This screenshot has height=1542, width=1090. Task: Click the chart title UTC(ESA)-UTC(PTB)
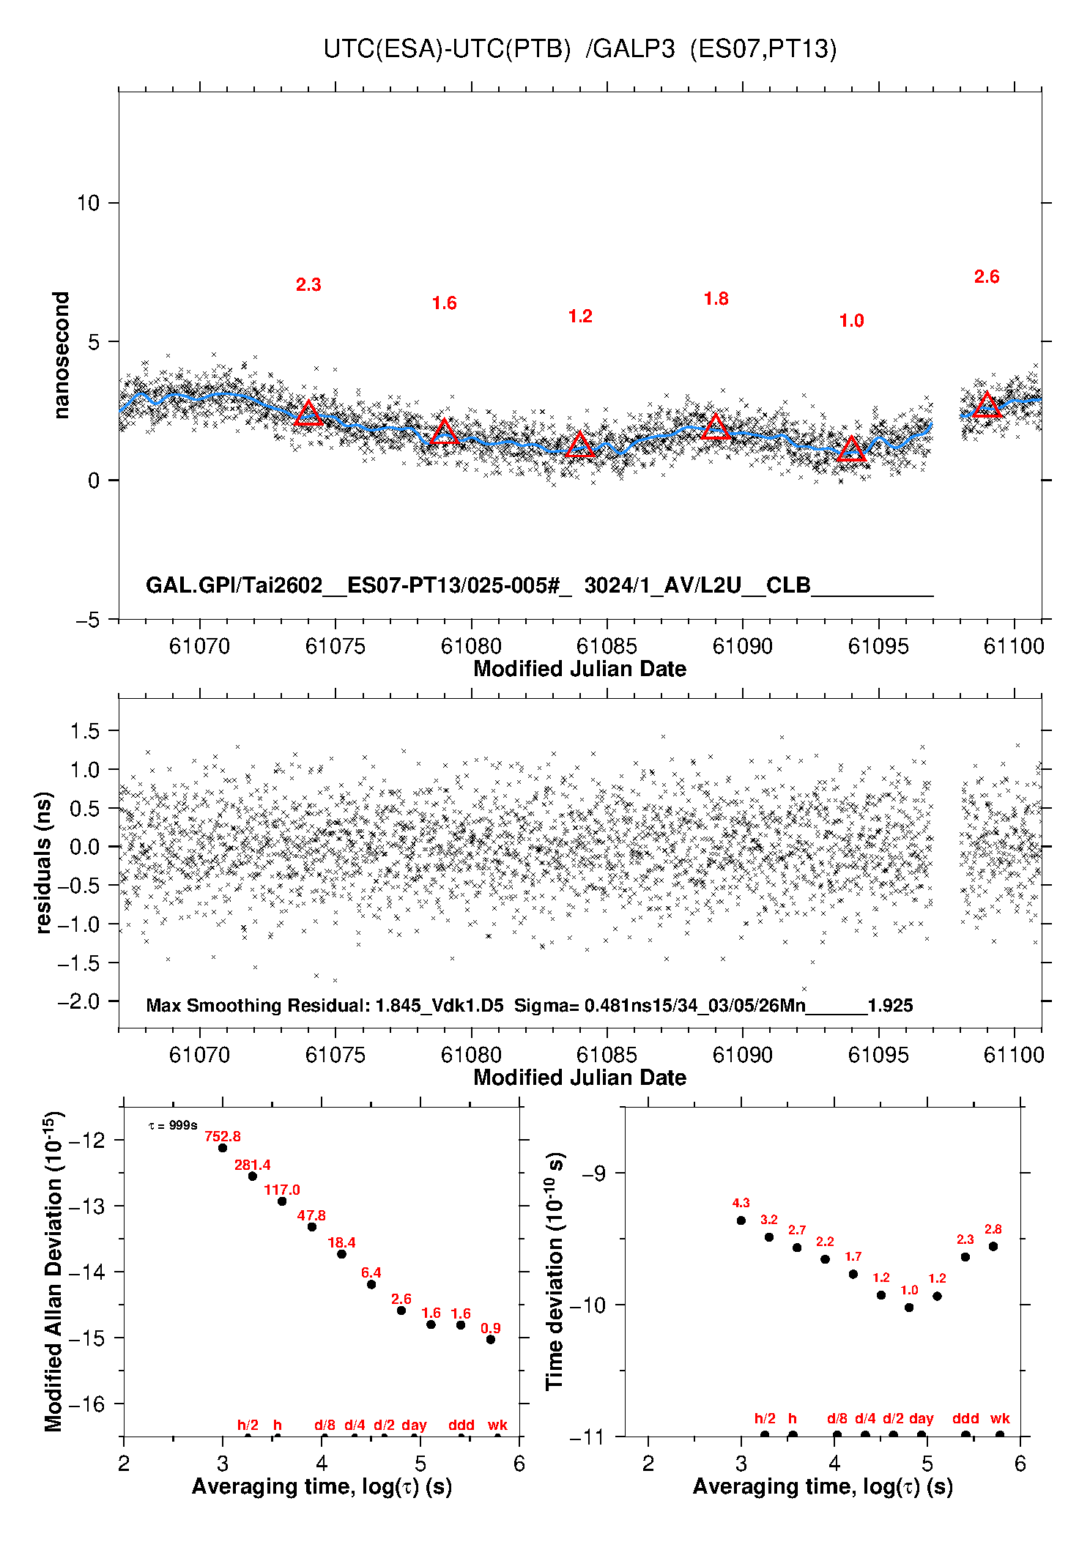447,49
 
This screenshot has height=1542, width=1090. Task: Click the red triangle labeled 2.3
308,414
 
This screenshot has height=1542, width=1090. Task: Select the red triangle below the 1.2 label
580,445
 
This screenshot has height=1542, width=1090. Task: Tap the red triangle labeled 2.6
987,405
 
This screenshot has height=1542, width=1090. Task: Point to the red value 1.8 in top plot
716,299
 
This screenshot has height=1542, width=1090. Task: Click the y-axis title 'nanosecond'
62,355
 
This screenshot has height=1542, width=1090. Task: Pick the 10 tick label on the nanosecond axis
88,203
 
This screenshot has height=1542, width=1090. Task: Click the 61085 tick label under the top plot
607,646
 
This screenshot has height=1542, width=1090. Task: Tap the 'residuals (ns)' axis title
44,862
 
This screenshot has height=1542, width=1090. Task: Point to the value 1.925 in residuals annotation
890,1006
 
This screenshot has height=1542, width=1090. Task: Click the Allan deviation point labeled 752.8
223,1148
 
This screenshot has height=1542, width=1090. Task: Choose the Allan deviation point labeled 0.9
491,1340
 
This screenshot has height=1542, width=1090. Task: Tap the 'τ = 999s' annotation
173,1125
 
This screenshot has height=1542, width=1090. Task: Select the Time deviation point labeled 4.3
741,1220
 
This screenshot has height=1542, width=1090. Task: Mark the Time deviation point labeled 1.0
909,1308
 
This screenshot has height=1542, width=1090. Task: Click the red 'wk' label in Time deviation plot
1000,1419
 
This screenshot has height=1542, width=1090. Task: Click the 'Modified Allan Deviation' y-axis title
54,1271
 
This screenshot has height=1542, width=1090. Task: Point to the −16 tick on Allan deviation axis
90,1404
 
